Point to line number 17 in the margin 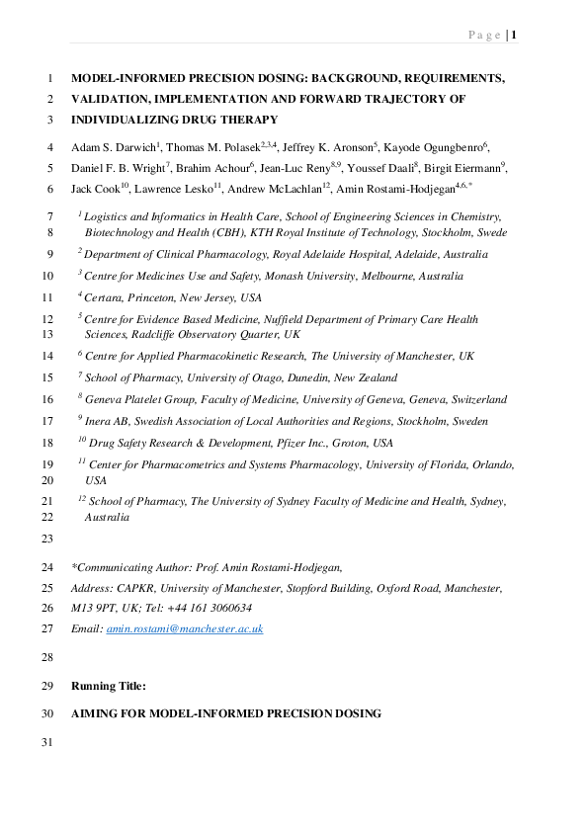click(x=48, y=421)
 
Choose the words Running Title click(x=109, y=686)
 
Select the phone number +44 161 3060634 click(x=210, y=608)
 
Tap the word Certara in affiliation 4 click(x=105, y=296)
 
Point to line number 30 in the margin click(x=48, y=713)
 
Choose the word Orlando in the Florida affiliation click(x=481, y=463)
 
